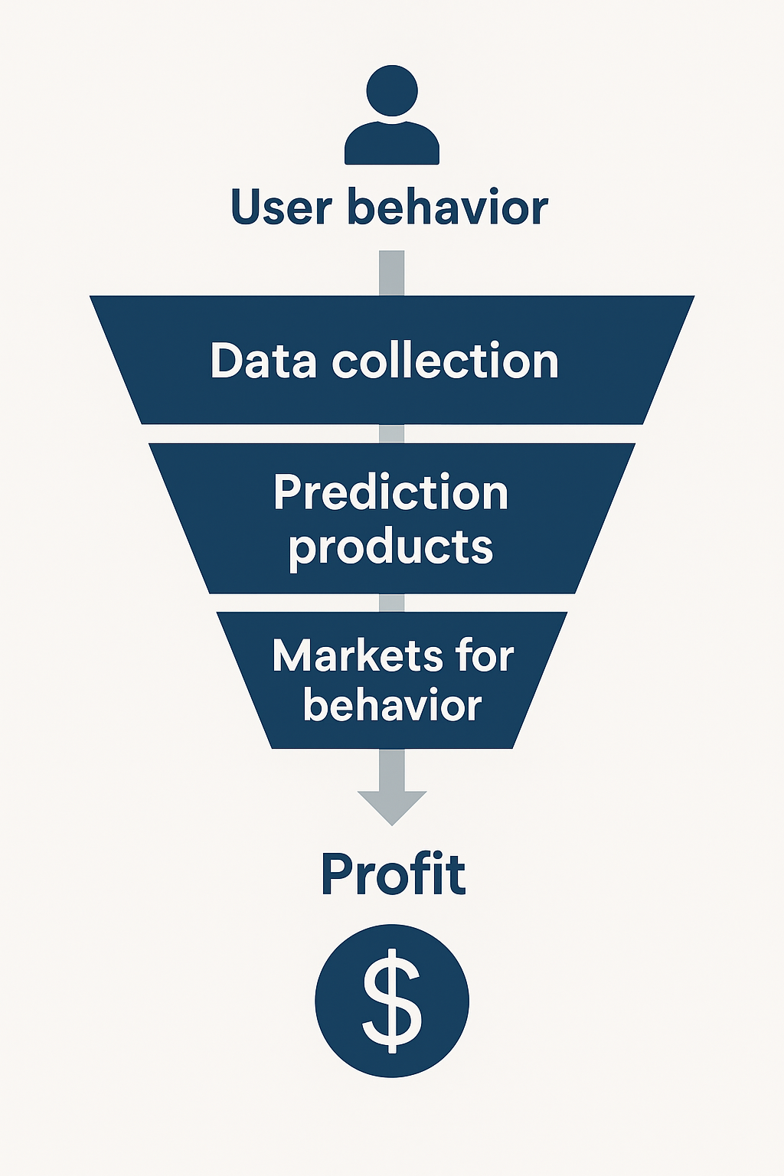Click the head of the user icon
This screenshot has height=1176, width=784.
coord(392,91)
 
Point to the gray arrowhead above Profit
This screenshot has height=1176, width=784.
coord(392,808)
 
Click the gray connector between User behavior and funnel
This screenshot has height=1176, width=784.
coord(392,273)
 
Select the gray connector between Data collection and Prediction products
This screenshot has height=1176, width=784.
coord(392,433)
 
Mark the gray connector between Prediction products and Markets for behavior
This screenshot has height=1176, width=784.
coord(392,603)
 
